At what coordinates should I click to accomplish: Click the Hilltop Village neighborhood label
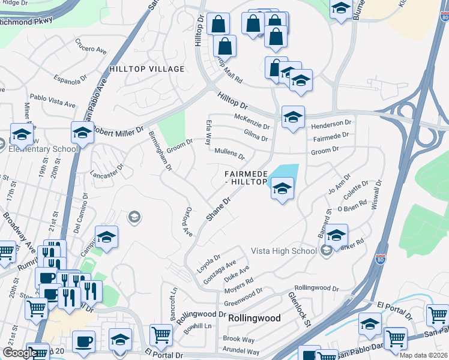tap(146, 70)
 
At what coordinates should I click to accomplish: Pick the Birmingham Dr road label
tap(157, 150)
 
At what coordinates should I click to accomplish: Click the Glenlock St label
tap(298, 309)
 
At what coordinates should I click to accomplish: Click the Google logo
tap(19, 353)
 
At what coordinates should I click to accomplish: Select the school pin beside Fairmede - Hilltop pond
tap(282, 190)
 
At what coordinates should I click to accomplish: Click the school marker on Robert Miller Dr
tap(82, 133)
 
